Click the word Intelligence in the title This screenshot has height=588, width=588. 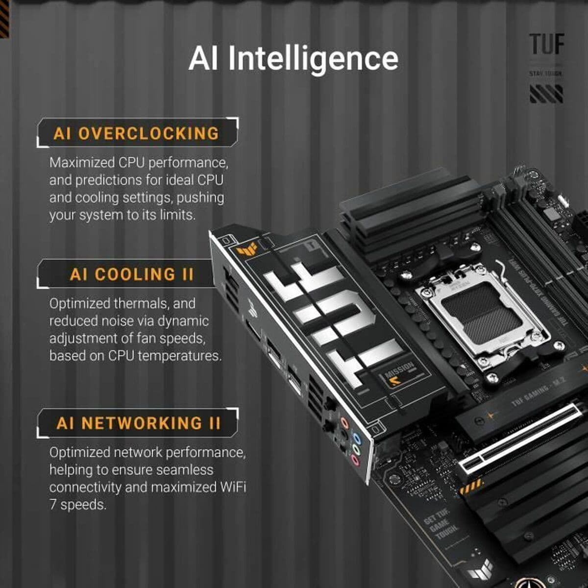[313, 59]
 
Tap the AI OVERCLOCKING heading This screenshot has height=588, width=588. [136, 134]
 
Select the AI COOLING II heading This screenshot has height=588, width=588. [132, 274]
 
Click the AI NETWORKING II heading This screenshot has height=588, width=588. [139, 423]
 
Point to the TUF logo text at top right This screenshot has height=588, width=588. [546, 45]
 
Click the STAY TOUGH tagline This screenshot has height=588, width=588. [545, 73]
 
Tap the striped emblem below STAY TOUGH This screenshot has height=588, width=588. [546, 94]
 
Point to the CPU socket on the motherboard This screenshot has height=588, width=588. [482, 318]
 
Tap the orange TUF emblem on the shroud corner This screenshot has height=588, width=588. [245, 250]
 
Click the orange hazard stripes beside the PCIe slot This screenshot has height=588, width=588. [471, 487]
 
